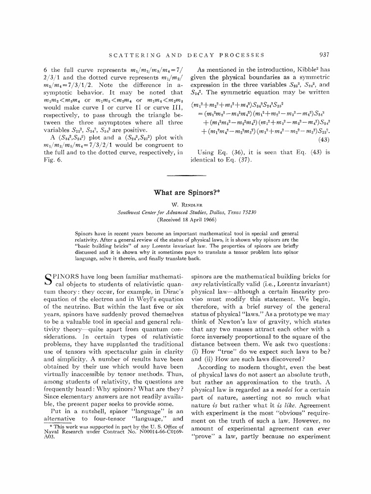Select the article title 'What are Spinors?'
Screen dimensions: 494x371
click(186, 192)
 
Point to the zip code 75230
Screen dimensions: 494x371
click(246, 212)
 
